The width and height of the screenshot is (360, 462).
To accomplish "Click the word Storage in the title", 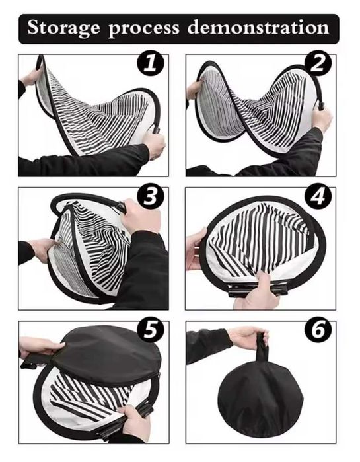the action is [x=63, y=28].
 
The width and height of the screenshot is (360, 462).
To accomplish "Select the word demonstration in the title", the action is [x=258, y=28].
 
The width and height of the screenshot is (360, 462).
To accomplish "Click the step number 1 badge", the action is [x=151, y=63].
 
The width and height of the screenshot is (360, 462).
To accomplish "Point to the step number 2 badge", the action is [x=318, y=63].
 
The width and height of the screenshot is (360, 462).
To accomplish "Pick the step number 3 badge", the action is [x=151, y=196].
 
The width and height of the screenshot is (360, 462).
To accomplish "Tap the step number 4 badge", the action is [x=318, y=196].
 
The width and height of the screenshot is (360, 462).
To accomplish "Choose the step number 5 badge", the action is [x=151, y=330].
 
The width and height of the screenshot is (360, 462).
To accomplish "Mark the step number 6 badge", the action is [x=318, y=330].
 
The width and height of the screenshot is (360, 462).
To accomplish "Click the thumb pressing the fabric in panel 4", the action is [x=263, y=282].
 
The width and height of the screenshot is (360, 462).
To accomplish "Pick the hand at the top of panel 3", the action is [x=141, y=215].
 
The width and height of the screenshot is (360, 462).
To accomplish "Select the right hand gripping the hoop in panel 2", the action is [x=321, y=118].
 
